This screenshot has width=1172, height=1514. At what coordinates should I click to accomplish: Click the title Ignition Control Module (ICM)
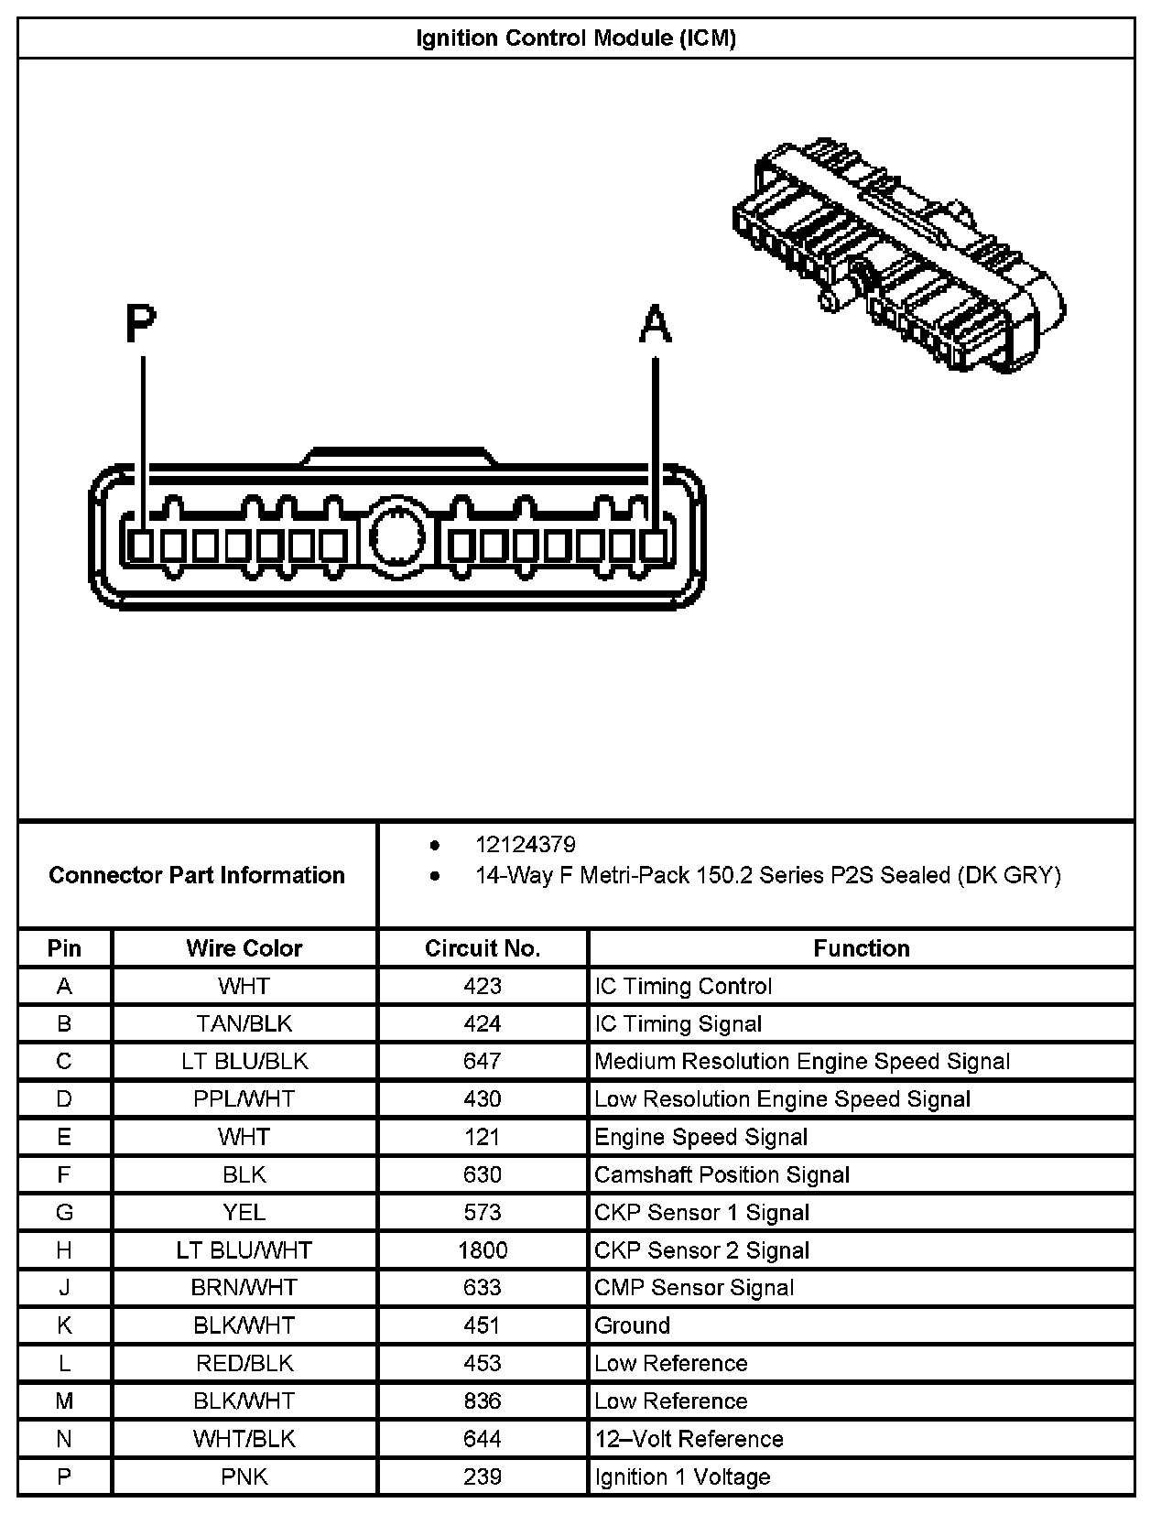pyautogui.click(x=576, y=38)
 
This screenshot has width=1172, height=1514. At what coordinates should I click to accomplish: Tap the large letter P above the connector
pyautogui.click(x=141, y=323)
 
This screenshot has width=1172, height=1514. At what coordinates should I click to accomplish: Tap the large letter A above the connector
pyautogui.click(x=655, y=325)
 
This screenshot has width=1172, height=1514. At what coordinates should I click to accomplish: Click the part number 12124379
pyautogui.click(x=525, y=845)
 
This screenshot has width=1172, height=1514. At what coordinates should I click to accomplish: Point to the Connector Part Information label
pyautogui.click(x=197, y=875)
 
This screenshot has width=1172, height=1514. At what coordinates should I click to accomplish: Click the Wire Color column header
pyautogui.click(x=244, y=948)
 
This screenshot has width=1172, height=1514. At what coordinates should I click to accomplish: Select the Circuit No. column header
pyautogui.click(x=483, y=948)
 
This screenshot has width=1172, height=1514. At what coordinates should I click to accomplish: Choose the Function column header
pyautogui.click(x=861, y=948)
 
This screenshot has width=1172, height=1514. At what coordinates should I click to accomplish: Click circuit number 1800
pyautogui.click(x=483, y=1250)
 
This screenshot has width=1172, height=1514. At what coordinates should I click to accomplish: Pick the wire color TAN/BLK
pyautogui.click(x=244, y=1024)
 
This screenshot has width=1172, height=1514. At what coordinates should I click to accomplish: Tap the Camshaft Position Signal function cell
pyautogui.click(x=722, y=1175)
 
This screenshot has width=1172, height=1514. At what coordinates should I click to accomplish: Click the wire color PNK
pyautogui.click(x=244, y=1476)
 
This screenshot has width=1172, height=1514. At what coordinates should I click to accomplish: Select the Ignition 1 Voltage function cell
pyautogui.click(x=682, y=1476)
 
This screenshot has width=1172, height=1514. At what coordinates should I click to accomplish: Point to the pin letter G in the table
pyautogui.click(x=64, y=1213)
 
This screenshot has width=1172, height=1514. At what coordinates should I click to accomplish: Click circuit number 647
pyautogui.click(x=483, y=1062)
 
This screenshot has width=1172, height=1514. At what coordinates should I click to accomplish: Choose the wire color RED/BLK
pyautogui.click(x=244, y=1364)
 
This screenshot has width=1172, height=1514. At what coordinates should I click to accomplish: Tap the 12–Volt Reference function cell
pyautogui.click(x=689, y=1439)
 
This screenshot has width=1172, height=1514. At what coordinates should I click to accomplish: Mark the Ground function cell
pyautogui.click(x=632, y=1325)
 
